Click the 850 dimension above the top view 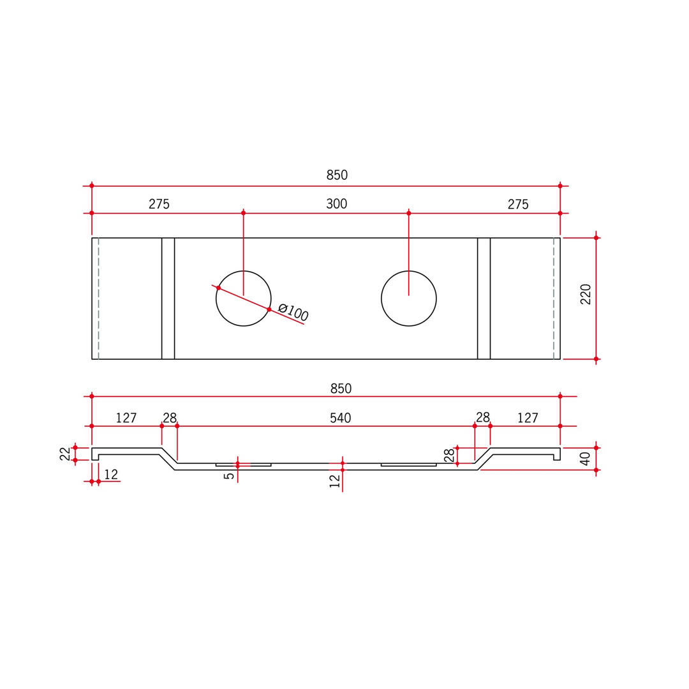[337, 175]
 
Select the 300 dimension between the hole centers [337, 204]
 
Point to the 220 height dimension [585, 294]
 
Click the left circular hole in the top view [216, 299]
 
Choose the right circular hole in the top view [382, 299]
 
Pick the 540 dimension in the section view [341, 418]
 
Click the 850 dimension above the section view [341, 389]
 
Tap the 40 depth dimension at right [585, 459]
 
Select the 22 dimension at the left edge [65, 454]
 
